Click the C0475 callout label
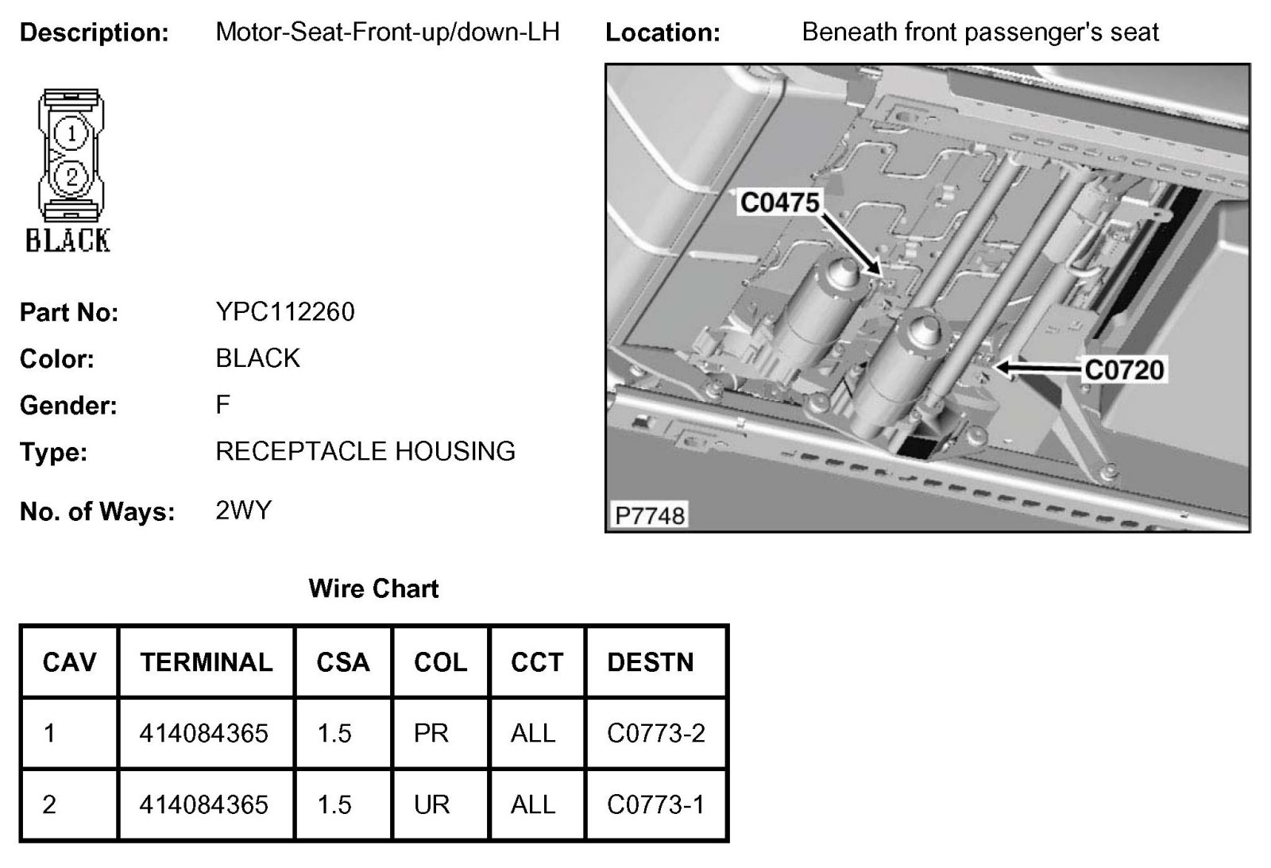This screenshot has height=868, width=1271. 778,203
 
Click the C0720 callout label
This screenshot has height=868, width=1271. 1123,370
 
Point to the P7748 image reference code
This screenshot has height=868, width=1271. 649,516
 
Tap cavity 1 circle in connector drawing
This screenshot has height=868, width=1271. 71,133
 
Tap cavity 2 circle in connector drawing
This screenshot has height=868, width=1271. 71,176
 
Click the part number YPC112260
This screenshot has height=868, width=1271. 285,312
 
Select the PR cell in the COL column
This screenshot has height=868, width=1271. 431,733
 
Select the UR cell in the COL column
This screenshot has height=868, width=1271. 431,804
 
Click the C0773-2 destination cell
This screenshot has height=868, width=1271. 655,733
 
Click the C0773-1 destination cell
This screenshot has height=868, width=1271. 655,804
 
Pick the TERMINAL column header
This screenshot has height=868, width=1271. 206,662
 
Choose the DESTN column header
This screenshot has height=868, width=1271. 650,662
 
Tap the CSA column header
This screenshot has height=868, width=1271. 343,662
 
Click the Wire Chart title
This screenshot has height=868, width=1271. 373,588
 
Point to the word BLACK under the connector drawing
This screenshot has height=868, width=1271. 68,240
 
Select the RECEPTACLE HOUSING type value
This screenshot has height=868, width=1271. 365,452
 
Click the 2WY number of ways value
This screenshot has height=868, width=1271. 243,510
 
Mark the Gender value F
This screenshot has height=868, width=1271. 222,405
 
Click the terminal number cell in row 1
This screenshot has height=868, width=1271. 204,733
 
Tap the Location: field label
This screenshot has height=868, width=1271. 663,33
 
